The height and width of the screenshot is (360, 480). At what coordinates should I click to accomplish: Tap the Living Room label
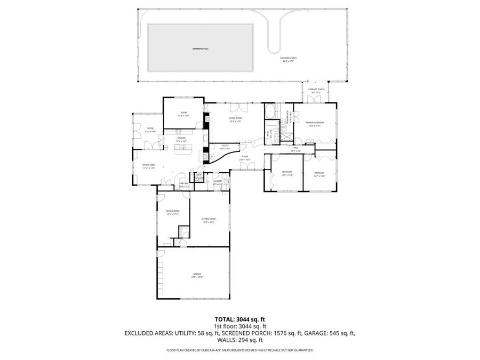pyautogui.click(x=235, y=119)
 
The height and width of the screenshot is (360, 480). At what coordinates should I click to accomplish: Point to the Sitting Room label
pyautogui.click(x=208, y=220)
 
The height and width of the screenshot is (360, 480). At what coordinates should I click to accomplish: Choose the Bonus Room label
pyautogui.click(x=172, y=212)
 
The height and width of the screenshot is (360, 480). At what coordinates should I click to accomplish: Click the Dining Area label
pyautogui.click(x=148, y=166)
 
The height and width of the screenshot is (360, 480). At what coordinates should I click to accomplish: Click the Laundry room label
pyautogui.click(x=217, y=182)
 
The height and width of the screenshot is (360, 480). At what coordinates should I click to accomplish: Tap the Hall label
pyautogui.click(x=296, y=150)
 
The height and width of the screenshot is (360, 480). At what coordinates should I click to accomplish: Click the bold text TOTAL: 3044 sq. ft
pyautogui.click(x=239, y=319)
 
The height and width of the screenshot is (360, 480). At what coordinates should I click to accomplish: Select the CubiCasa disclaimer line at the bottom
pyautogui.click(x=239, y=350)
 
